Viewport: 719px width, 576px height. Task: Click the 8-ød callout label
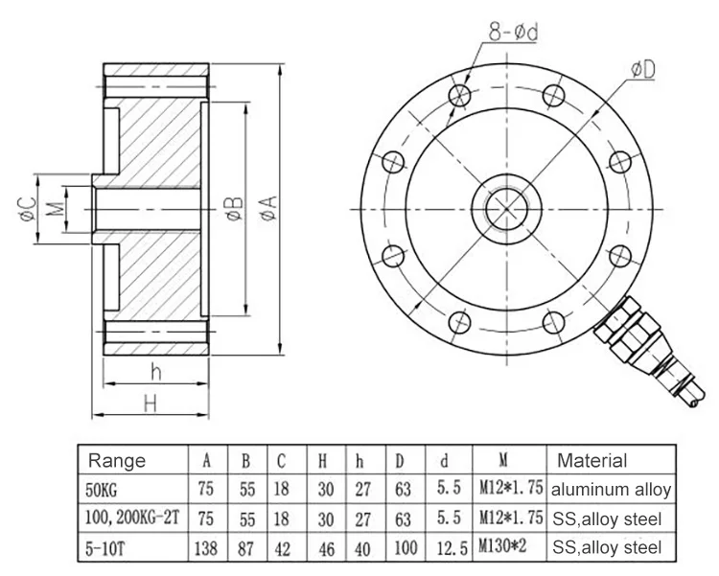click(514, 33)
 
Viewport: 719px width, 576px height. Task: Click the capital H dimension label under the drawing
click(150, 403)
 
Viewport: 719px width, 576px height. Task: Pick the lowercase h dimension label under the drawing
click(153, 372)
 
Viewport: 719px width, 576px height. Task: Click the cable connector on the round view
click(637, 345)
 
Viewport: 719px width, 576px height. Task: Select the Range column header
click(116, 461)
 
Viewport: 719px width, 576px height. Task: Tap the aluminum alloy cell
click(612, 490)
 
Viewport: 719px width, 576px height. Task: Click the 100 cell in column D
click(403, 548)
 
